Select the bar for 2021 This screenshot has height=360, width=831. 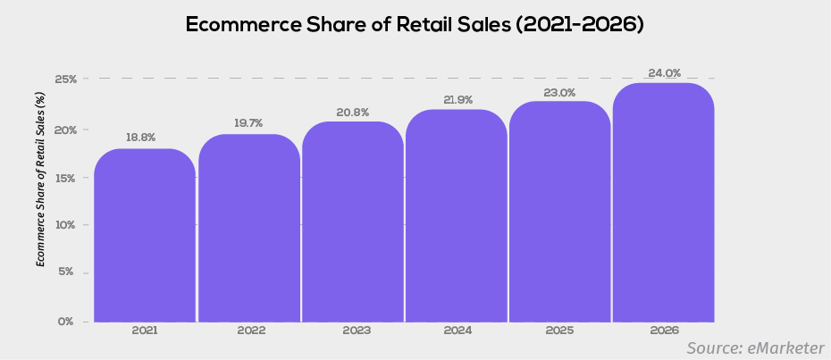tap(145, 236)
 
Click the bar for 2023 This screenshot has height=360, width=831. tap(353, 222)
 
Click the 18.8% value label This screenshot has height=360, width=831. tap(141, 138)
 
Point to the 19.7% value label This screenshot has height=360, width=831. tap(248, 123)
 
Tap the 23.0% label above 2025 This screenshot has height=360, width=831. tap(560, 92)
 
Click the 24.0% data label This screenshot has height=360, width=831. tap(664, 73)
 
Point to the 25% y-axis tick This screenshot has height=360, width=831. tap(65, 80)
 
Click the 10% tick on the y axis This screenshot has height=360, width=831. tap(65, 224)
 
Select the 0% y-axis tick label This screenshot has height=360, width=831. tap(67, 321)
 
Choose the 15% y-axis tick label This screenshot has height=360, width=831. tap(65, 177)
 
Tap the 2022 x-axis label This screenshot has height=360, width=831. tap(252, 331)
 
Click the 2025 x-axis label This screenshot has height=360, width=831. tap(560, 331)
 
